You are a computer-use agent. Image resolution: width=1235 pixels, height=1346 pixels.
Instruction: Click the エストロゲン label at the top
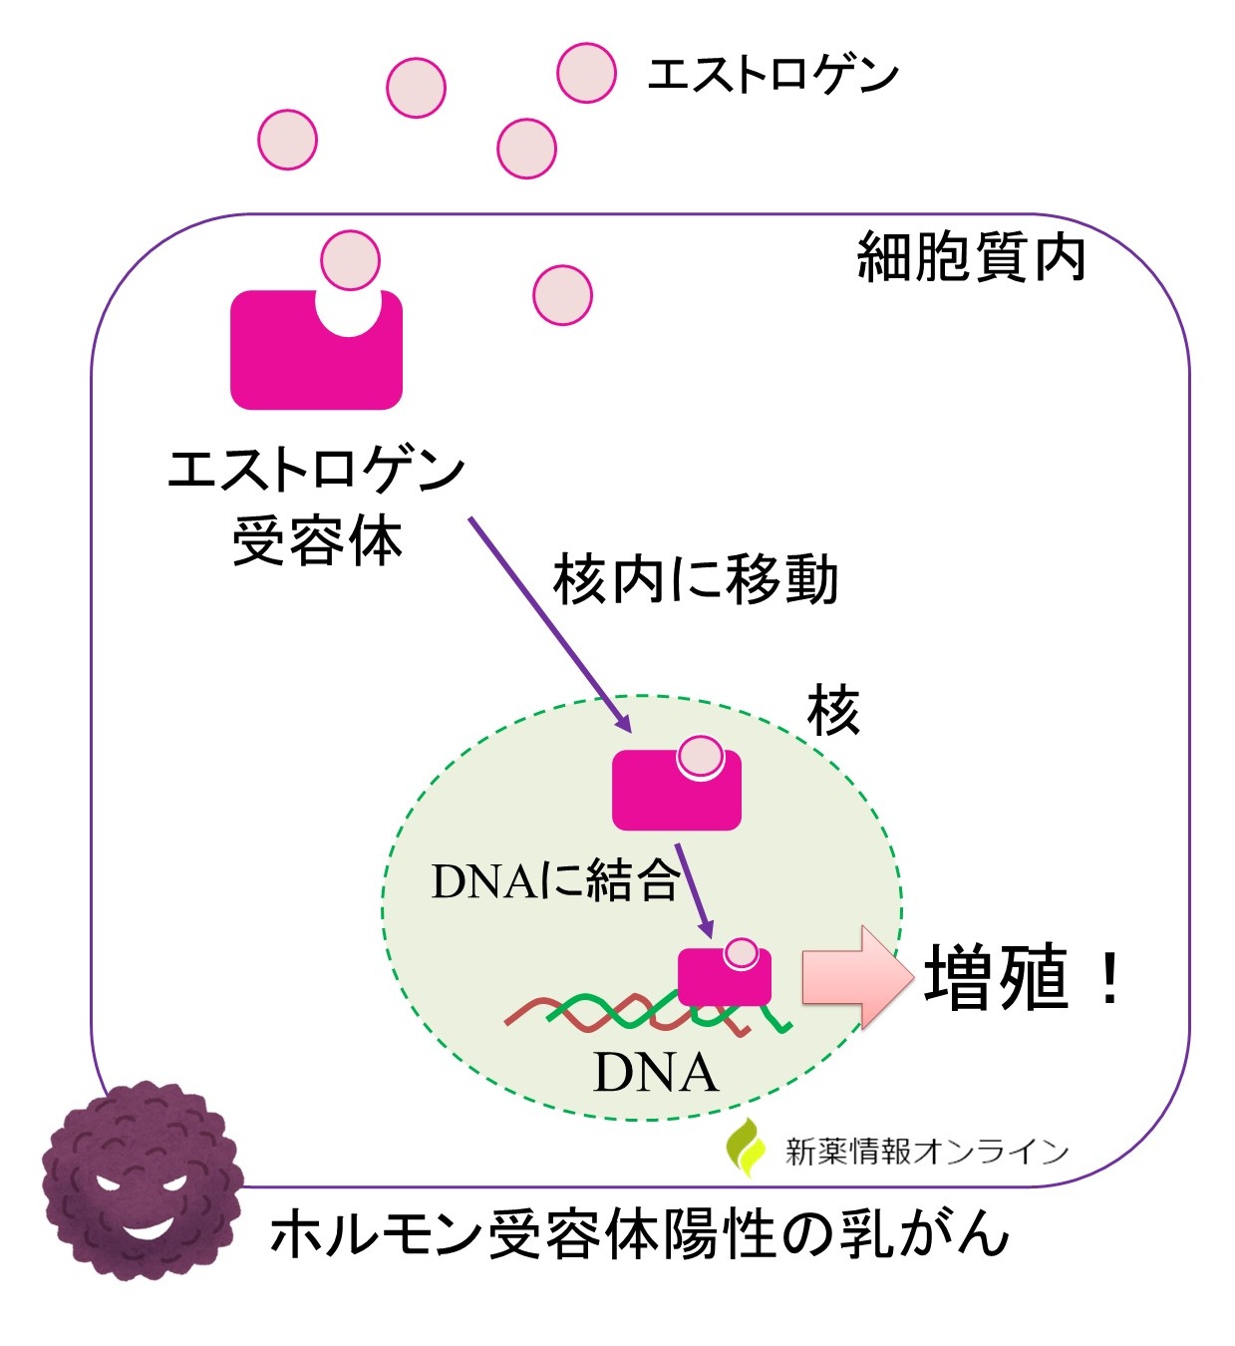[772, 75]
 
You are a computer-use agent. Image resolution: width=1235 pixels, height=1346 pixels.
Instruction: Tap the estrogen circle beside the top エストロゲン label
[586, 73]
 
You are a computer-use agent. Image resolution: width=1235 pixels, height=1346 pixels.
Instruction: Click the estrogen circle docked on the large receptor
[350, 260]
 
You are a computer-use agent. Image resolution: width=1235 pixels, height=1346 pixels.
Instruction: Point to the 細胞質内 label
[970, 258]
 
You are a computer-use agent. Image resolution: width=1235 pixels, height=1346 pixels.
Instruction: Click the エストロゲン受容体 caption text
[317, 505]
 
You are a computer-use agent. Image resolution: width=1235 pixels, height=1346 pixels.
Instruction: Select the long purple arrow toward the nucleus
[548, 622]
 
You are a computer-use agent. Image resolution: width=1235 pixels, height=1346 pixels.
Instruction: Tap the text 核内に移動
[696, 579]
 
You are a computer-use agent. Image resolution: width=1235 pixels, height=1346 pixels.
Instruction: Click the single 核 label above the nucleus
[833, 711]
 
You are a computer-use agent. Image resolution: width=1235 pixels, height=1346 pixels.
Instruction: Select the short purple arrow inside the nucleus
[695, 890]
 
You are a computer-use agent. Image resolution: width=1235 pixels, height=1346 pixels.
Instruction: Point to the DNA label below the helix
[655, 1074]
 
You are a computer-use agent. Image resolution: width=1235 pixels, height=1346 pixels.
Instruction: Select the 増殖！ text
[1022, 977]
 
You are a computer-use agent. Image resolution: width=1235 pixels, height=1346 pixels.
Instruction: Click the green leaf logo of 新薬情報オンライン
[746, 1148]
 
